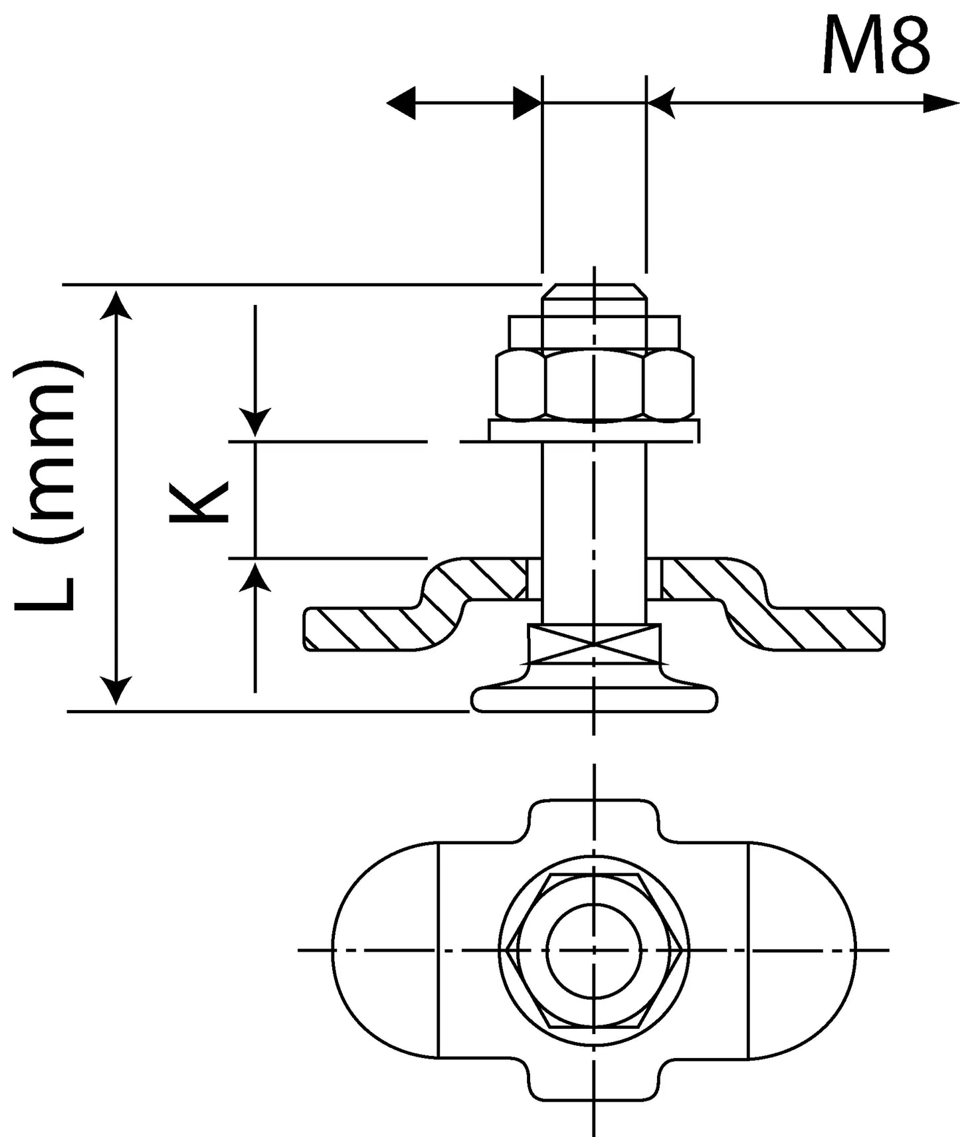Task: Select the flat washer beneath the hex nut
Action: point(593,430)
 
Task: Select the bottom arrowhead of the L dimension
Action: point(118,691)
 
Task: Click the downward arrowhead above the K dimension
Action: point(255,422)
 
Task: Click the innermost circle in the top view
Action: point(594,951)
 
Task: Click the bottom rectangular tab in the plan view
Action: point(594,1080)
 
